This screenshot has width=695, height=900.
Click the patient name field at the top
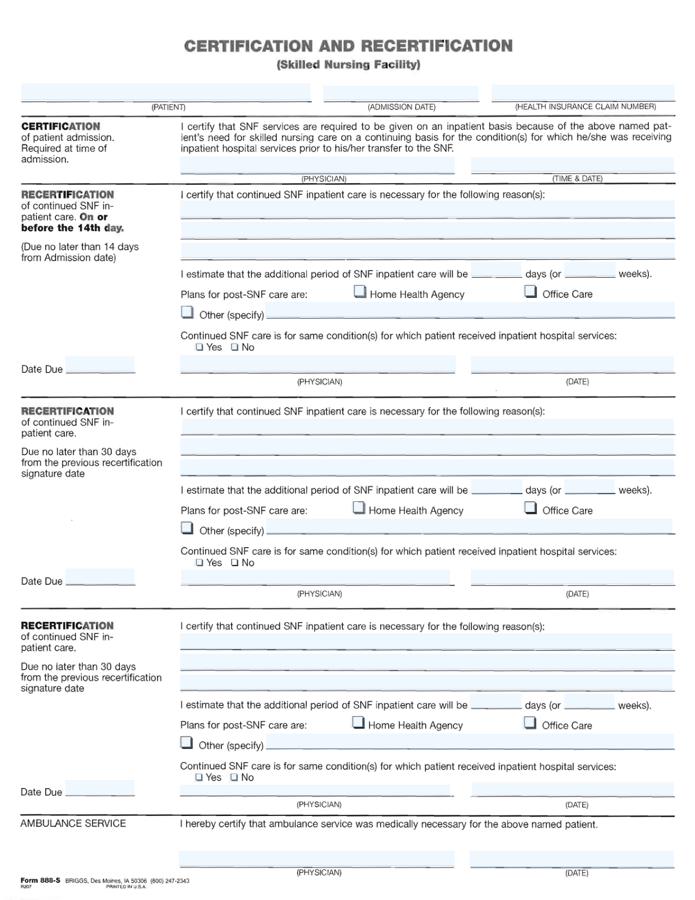[166, 93]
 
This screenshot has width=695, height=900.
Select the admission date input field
[401, 93]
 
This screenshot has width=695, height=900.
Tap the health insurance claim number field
[583, 93]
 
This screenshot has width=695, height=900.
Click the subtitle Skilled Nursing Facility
[348, 64]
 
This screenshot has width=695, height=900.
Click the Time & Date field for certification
[572, 165]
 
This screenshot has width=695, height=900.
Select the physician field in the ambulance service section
[316, 859]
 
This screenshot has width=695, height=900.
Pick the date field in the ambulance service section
[572, 859]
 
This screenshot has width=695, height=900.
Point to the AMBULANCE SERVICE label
[73, 824]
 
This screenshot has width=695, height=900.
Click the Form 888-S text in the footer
[41, 880]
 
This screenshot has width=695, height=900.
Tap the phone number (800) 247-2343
[170, 881]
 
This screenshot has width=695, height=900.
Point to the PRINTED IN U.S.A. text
[126, 887]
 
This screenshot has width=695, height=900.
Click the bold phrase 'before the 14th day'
[72, 228]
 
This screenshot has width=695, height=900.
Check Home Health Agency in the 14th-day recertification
[360, 292]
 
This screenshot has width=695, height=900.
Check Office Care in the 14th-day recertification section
[531, 292]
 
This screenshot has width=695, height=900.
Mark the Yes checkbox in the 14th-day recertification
[199, 348]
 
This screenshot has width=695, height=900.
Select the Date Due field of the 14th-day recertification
[100, 365]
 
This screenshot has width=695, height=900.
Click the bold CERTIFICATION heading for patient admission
[61, 126]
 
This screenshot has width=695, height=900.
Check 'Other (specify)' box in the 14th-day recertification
[187, 313]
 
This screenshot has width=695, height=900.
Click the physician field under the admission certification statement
[317, 165]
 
